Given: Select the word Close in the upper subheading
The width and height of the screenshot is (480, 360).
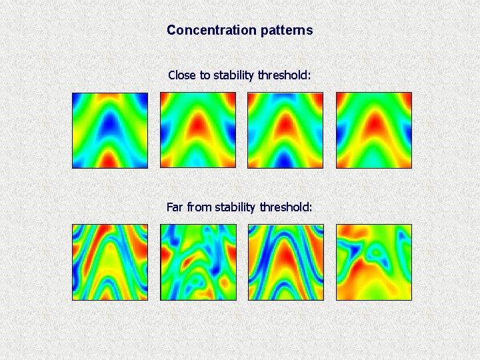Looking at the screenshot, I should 182,75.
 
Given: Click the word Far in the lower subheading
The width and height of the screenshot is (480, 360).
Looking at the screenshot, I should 175,207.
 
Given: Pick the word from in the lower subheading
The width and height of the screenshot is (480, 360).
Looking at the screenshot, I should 199,207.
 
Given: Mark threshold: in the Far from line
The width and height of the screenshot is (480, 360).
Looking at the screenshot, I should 285,207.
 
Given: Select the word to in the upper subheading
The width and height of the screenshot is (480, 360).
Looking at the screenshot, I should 205,75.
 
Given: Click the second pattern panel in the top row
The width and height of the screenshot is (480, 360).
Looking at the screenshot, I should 198,130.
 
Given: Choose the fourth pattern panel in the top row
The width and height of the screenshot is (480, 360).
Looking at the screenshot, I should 374,130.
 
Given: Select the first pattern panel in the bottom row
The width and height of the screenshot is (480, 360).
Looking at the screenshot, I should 110,262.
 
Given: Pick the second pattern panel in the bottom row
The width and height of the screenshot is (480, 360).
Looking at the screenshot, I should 198,262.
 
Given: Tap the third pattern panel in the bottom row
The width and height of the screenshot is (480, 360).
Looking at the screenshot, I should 286,262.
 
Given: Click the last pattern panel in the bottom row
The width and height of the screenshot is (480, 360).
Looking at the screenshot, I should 374,262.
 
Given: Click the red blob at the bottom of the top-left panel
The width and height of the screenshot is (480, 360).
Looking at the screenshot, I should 109,160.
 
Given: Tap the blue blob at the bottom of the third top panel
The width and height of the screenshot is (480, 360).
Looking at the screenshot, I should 285,160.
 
